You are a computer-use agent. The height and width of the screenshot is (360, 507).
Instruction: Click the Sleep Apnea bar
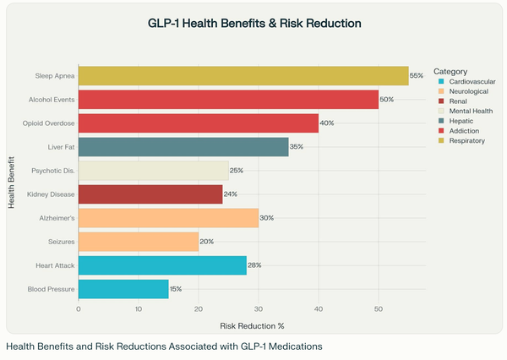[x=243, y=76]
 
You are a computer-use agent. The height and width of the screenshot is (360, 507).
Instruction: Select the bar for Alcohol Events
[x=228, y=100]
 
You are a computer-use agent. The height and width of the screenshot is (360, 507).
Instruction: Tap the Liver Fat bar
[x=183, y=147]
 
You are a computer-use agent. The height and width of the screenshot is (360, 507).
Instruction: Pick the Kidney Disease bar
[x=150, y=194]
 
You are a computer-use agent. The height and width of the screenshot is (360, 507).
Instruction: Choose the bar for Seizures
[x=139, y=242]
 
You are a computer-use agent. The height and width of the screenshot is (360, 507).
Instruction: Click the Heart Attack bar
[x=162, y=265]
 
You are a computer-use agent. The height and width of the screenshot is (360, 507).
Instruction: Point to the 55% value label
[x=416, y=76]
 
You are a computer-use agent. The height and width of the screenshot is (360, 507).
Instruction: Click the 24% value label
[x=230, y=194]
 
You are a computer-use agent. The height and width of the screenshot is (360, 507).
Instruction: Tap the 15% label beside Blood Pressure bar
[x=176, y=289]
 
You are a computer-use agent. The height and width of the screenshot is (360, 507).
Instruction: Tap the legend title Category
[x=450, y=71]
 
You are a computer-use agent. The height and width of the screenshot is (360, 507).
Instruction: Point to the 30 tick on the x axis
[x=259, y=309]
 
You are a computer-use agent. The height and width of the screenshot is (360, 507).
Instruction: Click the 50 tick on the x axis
[x=379, y=309]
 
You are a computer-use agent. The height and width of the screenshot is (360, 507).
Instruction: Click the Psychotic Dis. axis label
[x=53, y=171]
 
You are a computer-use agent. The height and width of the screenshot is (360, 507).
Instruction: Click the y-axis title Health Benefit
[x=14, y=183]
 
